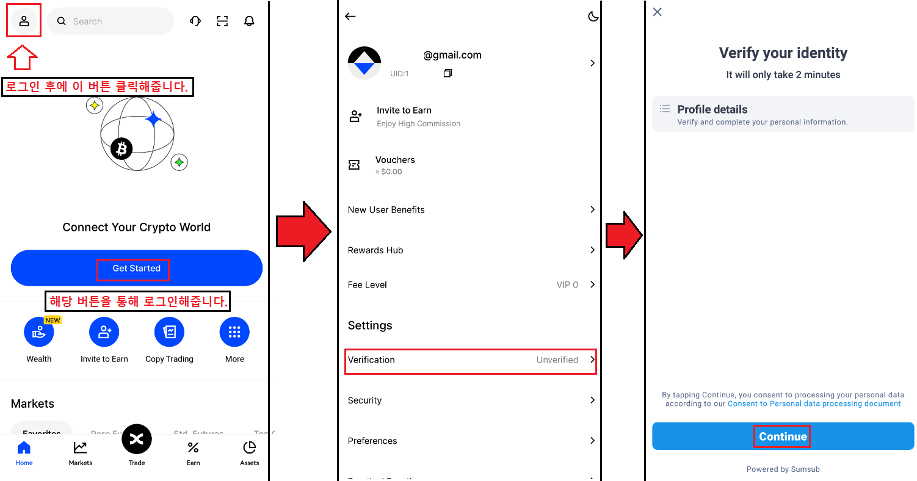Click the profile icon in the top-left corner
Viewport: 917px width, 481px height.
click(24, 21)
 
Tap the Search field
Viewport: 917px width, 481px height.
click(111, 21)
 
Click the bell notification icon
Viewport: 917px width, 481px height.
click(249, 21)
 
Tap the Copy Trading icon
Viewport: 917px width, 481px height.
click(169, 332)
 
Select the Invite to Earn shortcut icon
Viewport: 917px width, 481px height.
click(104, 332)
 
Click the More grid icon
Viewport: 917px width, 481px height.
click(234, 332)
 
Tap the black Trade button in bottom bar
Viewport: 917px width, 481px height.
click(137, 439)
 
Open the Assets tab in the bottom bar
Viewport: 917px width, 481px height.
click(249, 452)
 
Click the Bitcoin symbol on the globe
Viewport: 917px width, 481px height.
click(121, 148)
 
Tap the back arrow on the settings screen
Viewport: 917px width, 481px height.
click(350, 16)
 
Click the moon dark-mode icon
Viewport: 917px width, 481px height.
click(593, 16)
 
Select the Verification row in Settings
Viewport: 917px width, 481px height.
click(470, 360)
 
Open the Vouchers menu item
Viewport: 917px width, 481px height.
click(395, 160)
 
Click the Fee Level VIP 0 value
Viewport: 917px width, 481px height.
click(567, 285)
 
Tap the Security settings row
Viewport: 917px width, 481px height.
click(470, 400)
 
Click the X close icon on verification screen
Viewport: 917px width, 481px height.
click(658, 12)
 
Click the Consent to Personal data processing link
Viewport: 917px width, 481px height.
click(814, 403)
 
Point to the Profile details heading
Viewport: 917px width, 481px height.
click(712, 110)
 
